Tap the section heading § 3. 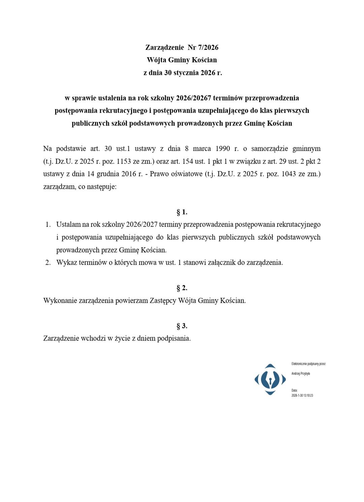pyautogui.click(x=182, y=326)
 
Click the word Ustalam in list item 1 pyautogui.click(x=68, y=224)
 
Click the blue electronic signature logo pyautogui.click(x=270, y=379)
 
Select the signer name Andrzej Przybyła pyautogui.click(x=301, y=374)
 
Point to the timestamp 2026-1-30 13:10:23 pyautogui.click(x=302, y=395)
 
